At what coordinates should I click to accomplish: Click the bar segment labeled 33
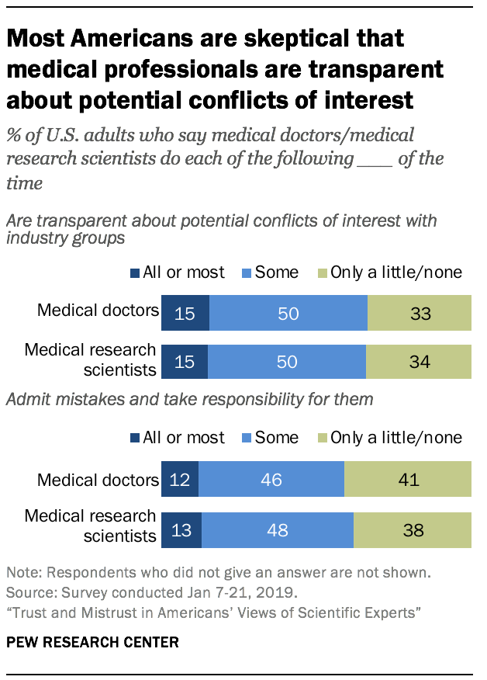pos(419,314)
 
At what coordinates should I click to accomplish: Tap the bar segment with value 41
pos(407,479)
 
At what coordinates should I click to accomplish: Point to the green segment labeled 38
pos(412,530)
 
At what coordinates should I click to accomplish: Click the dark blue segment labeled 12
pos(180,479)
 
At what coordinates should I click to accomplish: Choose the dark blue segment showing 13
pos(181,530)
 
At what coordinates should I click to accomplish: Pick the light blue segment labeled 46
pos(271,479)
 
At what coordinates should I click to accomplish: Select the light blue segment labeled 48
pos(278,530)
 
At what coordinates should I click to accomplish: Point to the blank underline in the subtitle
pos(378,159)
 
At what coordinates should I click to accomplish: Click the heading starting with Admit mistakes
pos(190,400)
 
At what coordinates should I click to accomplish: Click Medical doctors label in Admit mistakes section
pos(98,480)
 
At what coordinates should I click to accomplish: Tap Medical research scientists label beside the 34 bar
pos(90,360)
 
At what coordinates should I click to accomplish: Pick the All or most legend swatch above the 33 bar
pos(136,273)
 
